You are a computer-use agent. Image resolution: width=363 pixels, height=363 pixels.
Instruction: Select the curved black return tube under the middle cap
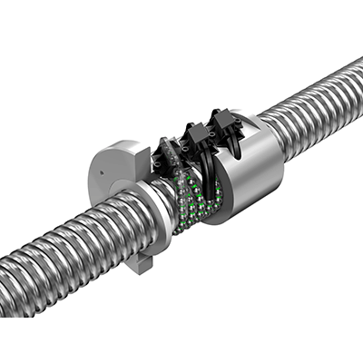coord(201,168)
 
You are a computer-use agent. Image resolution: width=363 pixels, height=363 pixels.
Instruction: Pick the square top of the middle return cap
coord(193,127)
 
